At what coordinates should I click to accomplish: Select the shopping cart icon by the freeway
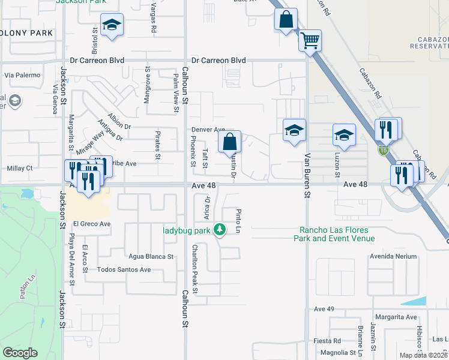pos(310,41)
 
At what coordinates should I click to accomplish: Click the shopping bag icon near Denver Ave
pos(230,143)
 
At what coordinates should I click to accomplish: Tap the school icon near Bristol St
pos(112,25)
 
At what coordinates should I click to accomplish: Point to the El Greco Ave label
pos(92,224)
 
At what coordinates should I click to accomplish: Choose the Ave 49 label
pos(324,308)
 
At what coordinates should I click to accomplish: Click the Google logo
pos(20,353)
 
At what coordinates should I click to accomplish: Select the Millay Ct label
pos(19,169)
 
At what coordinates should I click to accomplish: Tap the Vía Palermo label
pos(22,75)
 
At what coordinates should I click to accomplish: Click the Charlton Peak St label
pos(195,269)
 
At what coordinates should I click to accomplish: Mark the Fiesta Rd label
pos(329,340)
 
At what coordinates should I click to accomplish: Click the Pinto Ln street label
pos(238,221)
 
